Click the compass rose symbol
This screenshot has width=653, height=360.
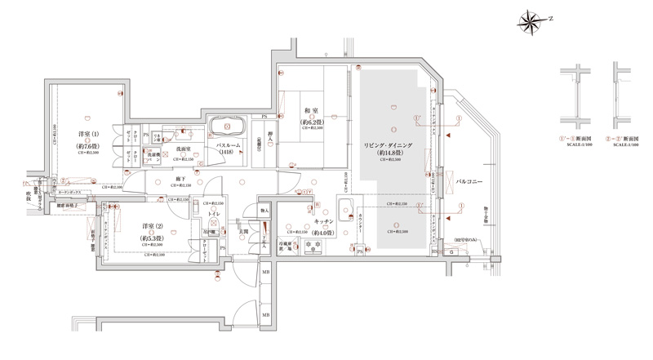[533, 17]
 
